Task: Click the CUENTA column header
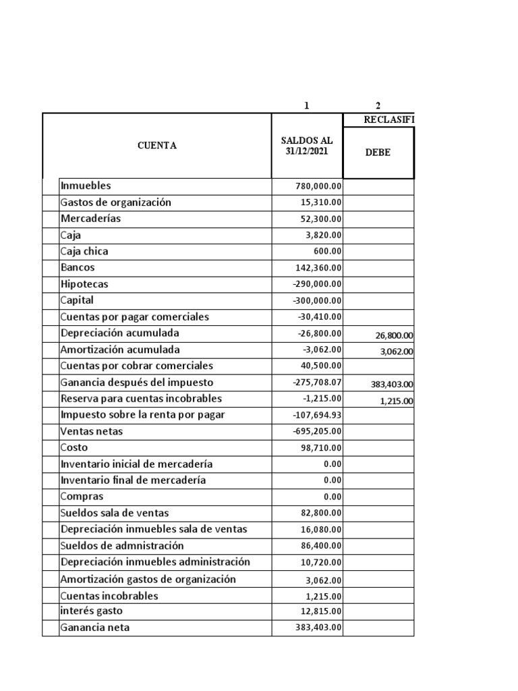pyautogui.click(x=156, y=146)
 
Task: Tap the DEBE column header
pyautogui.click(x=378, y=153)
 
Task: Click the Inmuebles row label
pyautogui.click(x=86, y=186)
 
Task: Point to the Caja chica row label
pyautogui.click(x=84, y=251)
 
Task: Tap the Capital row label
pyautogui.click(x=78, y=300)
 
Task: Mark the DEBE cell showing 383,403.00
pyautogui.click(x=392, y=384)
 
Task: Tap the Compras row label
pyautogui.click(x=82, y=496)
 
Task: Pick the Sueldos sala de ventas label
pyautogui.click(x=115, y=512)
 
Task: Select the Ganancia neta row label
pyautogui.click(x=95, y=627)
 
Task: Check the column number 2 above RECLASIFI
pyautogui.click(x=378, y=105)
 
